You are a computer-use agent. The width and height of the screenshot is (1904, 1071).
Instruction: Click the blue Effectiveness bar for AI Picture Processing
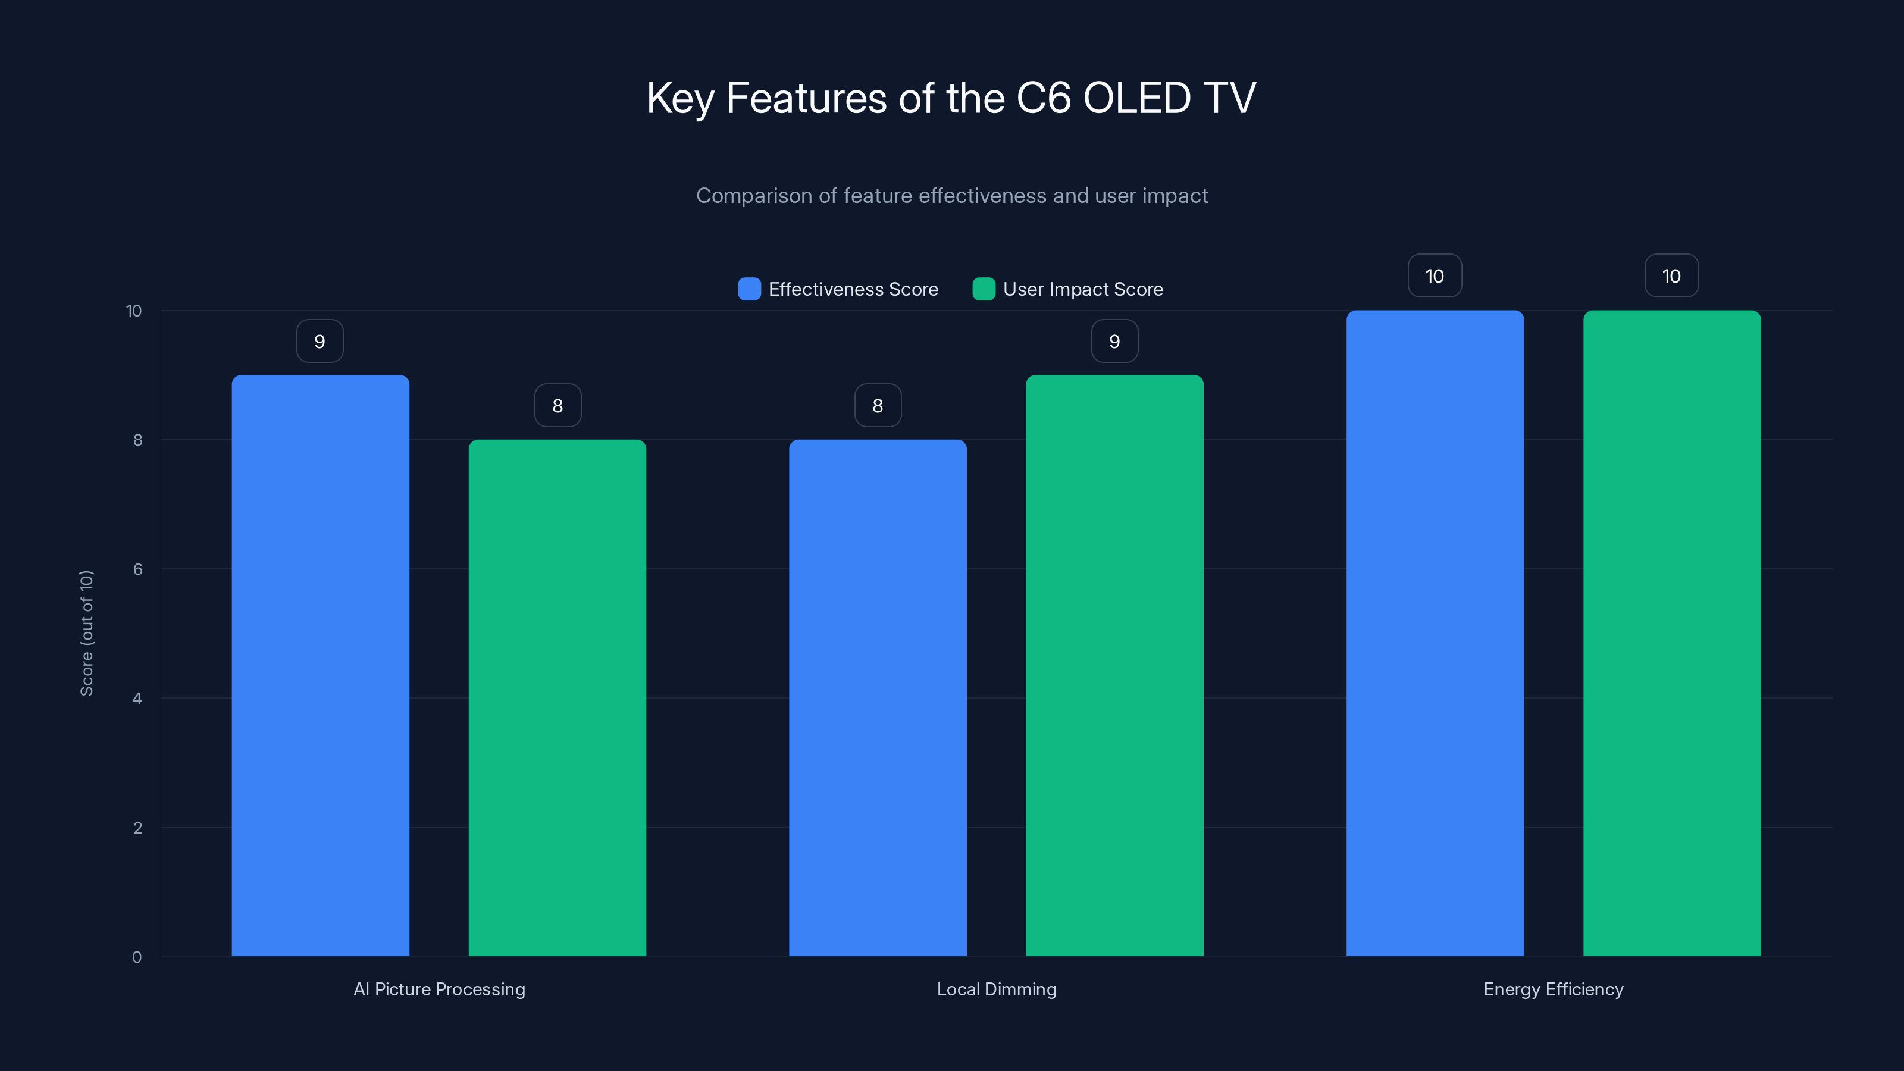click(320, 665)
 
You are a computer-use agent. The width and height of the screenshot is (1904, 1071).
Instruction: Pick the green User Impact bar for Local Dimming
click(1114, 665)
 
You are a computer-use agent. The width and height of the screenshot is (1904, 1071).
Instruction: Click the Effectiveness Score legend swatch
click(749, 289)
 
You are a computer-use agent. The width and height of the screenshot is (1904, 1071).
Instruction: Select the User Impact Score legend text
click(1083, 289)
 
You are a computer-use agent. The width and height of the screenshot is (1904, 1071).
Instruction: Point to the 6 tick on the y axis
click(137, 569)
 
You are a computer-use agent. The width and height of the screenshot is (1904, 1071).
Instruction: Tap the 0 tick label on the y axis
click(137, 957)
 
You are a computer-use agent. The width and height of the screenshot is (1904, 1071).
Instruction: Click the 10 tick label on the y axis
click(134, 311)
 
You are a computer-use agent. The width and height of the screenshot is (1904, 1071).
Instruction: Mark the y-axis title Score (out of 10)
click(86, 632)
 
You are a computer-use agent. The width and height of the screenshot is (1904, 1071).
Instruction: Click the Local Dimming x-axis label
click(997, 989)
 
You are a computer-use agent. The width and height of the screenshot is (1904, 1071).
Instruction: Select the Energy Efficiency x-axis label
click(1553, 989)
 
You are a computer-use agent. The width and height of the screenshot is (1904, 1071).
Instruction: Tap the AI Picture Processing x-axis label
click(439, 989)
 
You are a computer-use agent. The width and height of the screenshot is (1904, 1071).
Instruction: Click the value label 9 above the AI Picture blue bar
click(320, 342)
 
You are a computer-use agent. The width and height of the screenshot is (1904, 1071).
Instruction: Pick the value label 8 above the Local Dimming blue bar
click(878, 406)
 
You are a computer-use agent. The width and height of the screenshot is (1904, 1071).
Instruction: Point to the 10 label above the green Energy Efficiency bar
click(1671, 277)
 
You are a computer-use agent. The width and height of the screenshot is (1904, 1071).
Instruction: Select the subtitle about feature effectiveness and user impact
click(951, 196)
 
